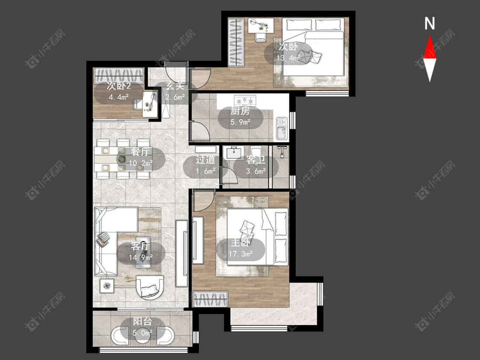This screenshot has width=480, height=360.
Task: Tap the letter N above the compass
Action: [430, 23]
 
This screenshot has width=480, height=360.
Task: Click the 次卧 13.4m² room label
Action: [288, 52]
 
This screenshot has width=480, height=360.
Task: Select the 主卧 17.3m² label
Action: [241, 248]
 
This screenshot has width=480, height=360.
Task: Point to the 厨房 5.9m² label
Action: [240, 116]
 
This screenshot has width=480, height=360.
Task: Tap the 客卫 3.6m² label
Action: [256, 165]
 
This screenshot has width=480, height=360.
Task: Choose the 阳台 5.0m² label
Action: [143, 327]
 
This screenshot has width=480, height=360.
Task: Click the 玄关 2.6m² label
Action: [175, 91]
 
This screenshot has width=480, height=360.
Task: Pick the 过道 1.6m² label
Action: [205, 165]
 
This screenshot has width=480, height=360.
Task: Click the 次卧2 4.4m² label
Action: [119, 91]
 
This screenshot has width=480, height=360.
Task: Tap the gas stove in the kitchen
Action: [244, 100]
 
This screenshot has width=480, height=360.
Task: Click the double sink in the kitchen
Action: [281, 129]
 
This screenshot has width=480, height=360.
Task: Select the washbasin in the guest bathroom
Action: [233, 153]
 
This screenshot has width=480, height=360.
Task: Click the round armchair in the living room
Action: [150, 287]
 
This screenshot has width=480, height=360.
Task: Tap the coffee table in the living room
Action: [143, 252]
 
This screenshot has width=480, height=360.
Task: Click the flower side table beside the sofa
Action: [107, 286]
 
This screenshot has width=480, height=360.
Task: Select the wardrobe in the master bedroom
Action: [211, 299]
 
